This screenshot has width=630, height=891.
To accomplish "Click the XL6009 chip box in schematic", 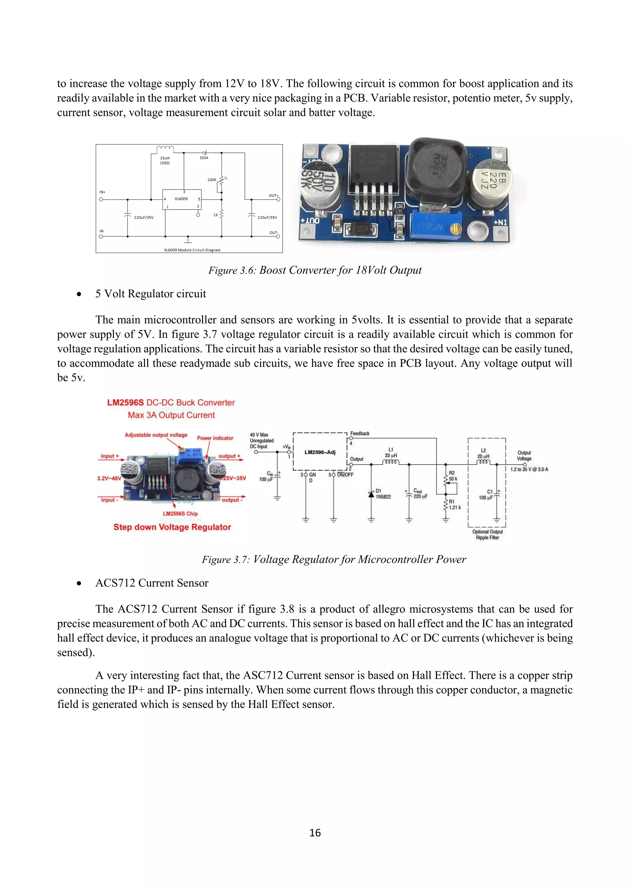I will [181, 199].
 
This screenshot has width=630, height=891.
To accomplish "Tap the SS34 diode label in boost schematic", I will [204, 158].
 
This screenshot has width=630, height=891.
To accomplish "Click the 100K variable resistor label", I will [212, 180].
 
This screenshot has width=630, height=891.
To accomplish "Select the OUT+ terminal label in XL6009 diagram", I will [273, 196].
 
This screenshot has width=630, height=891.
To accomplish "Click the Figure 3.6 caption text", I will [315, 270].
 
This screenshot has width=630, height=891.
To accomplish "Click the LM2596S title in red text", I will [171, 402].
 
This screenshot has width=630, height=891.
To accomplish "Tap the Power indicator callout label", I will [215, 438].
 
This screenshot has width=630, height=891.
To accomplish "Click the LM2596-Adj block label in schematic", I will [320, 452].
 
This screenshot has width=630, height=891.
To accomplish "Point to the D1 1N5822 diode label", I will [383, 493].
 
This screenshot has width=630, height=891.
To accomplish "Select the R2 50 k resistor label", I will [453, 476].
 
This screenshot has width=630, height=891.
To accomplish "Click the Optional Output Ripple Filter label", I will [487, 534].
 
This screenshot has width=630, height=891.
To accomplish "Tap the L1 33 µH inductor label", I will [391, 453].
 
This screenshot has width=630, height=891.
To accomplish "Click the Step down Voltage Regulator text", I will [172, 527].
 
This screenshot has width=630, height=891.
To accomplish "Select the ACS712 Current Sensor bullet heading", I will [152, 583].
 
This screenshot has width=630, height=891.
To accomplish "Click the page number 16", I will [315, 833].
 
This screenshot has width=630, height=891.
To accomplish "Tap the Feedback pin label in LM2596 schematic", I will [360, 434].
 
